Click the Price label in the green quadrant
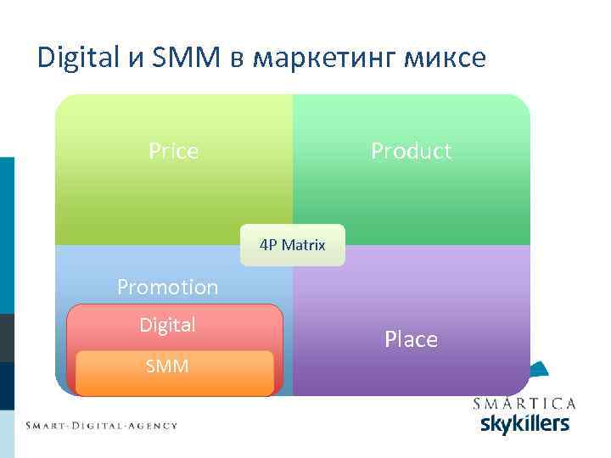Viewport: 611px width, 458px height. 173,151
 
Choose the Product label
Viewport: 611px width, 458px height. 411,151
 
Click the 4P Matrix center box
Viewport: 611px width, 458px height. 293,245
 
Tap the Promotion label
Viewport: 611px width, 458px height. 167,288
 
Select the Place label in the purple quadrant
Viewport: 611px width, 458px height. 411,339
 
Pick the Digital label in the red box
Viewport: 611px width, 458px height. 167,325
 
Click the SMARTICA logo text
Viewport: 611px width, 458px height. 524,404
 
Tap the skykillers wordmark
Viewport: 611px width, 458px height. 524,422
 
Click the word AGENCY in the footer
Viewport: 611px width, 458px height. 151,425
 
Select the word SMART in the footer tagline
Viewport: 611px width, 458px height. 49,425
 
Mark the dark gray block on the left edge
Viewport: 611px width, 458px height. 7,338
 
